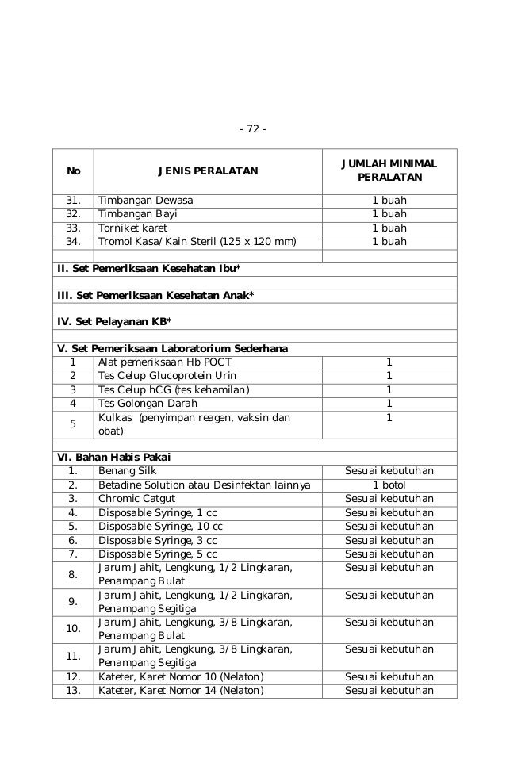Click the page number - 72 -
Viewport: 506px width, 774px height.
click(x=253, y=129)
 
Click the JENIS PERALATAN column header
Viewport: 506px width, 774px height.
click(x=208, y=171)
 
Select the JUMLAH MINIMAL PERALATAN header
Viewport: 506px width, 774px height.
click(x=389, y=171)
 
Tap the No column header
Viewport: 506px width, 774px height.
click(x=73, y=171)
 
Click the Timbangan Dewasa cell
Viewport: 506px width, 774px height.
click(x=145, y=201)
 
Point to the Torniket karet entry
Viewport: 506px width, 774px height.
click(x=135, y=228)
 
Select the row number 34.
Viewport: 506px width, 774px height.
click(x=73, y=241)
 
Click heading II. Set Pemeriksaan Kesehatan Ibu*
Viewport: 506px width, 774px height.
click(x=149, y=269)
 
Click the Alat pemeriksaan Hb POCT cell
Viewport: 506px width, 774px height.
click(x=164, y=362)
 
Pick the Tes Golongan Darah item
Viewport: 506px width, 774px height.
click(x=148, y=403)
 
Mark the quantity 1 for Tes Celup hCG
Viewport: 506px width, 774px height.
click(x=389, y=389)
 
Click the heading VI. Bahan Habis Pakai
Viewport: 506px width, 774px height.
click(x=114, y=457)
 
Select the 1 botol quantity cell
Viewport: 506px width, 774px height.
click(x=389, y=485)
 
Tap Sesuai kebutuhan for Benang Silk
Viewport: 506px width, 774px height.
click(x=389, y=471)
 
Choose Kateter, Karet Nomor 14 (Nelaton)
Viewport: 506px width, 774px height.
click(x=181, y=691)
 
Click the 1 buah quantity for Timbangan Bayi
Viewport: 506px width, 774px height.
click(x=389, y=214)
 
